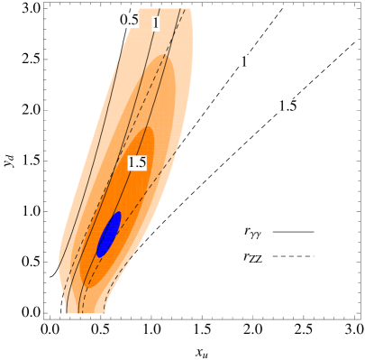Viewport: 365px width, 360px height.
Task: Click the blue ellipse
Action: [x=109, y=235]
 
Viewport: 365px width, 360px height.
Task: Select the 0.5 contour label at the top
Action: [x=129, y=20]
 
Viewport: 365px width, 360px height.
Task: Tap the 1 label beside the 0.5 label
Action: [x=155, y=23]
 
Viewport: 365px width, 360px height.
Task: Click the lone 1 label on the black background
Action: [x=243, y=62]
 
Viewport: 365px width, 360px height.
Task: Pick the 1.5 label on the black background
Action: [x=287, y=106]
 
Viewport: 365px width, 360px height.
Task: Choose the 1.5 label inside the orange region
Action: [x=137, y=163]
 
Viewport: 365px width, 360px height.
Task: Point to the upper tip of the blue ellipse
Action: [x=118, y=214]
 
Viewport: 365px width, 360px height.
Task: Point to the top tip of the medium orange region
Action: [x=167, y=57]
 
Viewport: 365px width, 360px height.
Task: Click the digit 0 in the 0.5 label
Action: [x=124, y=20]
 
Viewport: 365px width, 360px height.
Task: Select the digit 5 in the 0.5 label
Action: [x=134, y=20]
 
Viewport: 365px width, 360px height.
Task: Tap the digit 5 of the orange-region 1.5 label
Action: [x=141, y=163]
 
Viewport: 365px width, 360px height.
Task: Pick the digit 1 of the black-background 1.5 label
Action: [x=281, y=106]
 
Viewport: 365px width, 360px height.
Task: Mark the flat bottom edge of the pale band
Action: [x=86, y=312]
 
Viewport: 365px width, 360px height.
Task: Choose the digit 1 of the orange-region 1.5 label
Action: [x=131, y=163]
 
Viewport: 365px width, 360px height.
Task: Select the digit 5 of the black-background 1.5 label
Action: [x=292, y=106]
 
